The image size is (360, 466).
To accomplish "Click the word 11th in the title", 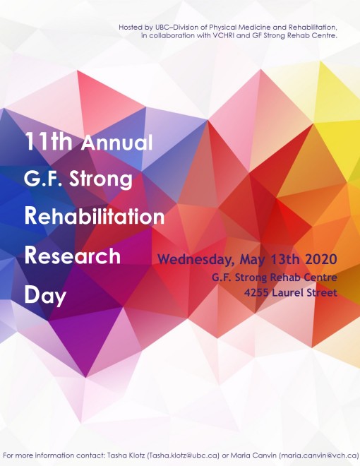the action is pyautogui.click(x=49, y=141).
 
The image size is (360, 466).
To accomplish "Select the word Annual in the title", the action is pyautogui.click(x=116, y=143).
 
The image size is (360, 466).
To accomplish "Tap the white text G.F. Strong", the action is pyautogui.click(x=78, y=179).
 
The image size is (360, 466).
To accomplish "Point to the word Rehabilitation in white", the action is pyautogui.click(x=95, y=216).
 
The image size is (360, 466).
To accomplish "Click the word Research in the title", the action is pyautogui.click(x=73, y=256).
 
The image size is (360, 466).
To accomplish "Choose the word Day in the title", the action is pyautogui.click(x=45, y=295).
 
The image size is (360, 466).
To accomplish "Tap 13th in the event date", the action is pyautogui.click(x=285, y=259).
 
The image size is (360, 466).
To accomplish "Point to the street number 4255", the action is pyautogui.click(x=257, y=293).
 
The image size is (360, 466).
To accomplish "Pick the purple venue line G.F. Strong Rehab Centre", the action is pyautogui.click(x=275, y=277).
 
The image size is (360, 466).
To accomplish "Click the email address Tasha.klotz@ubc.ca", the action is pyautogui.click(x=184, y=455).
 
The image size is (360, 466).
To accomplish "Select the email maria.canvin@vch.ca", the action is pyautogui.click(x=319, y=455).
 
